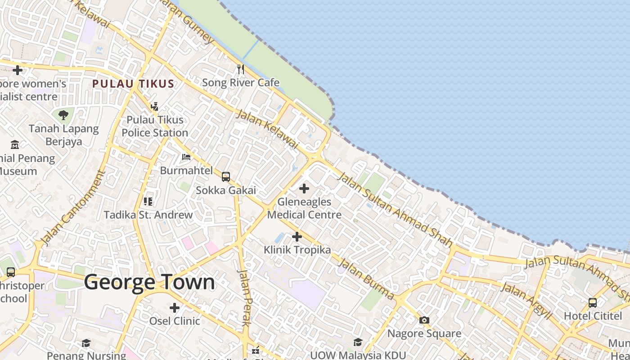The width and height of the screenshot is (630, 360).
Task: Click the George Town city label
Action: point(149,282)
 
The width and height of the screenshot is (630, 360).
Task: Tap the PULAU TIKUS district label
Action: point(133,84)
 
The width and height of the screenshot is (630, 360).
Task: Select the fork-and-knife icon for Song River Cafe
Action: point(241,69)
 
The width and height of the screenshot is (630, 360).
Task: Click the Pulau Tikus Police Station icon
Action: point(155,106)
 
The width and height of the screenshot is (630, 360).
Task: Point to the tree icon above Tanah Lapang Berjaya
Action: point(63,115)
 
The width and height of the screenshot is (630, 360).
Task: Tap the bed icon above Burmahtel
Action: point(186,157)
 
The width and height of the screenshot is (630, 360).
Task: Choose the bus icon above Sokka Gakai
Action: point(226,177)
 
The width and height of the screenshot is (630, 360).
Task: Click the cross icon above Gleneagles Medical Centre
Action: point(304,189)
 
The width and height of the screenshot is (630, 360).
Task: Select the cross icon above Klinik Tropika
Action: point(297,236)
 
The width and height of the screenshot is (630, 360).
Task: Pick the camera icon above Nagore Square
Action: point(424,320)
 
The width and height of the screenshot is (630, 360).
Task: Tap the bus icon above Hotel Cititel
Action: point(593,302)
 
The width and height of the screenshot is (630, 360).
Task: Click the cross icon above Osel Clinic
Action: point(175,308)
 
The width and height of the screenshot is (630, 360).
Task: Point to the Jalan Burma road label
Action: point(366,279)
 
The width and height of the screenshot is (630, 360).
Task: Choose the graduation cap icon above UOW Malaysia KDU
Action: point(358,342)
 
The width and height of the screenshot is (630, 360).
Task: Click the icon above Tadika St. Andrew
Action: point(148,201)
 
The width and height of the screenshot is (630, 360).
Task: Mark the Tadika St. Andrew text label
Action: point(148,215)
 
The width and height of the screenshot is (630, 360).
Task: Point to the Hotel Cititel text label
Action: point(593,315)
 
